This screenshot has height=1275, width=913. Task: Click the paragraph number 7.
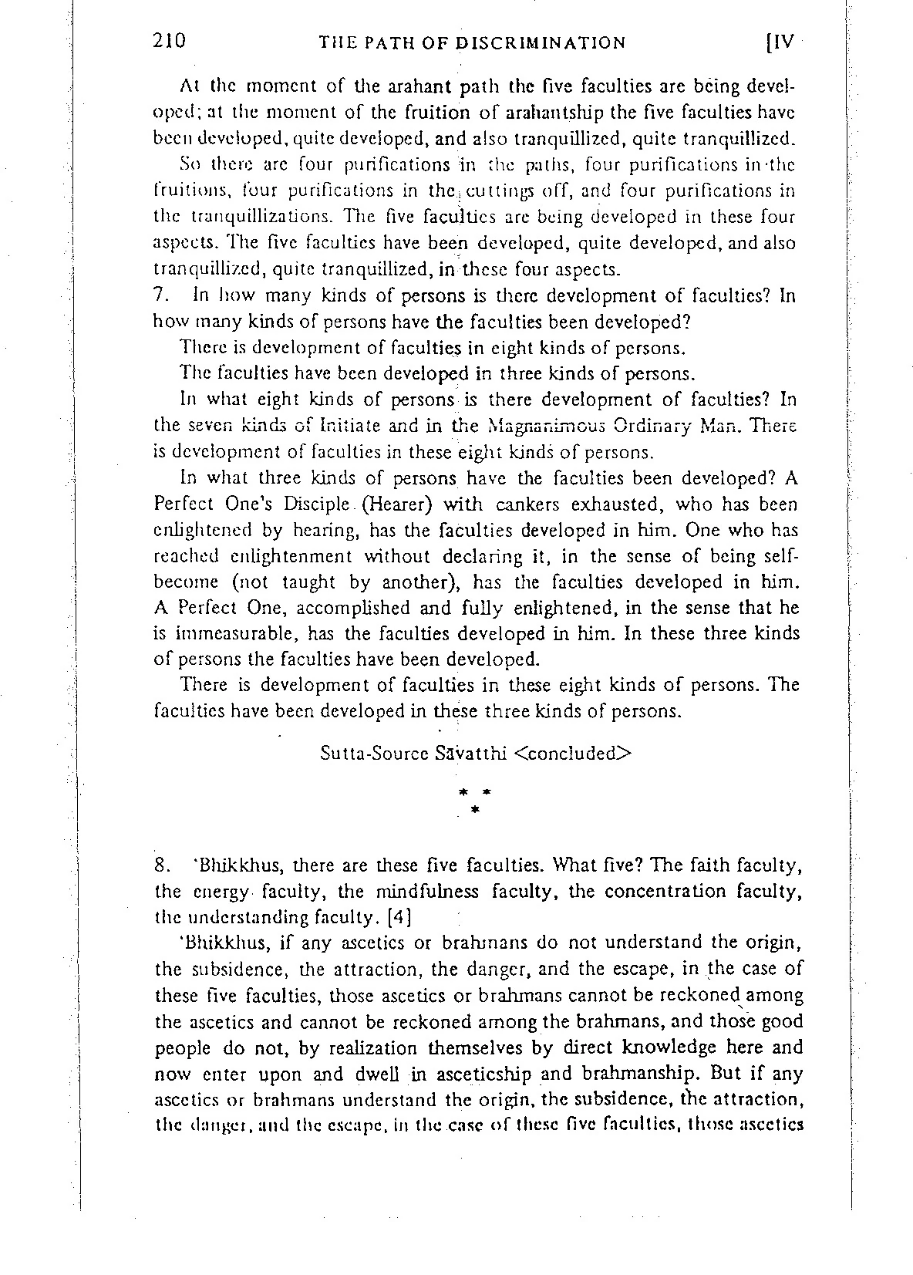(160, 296)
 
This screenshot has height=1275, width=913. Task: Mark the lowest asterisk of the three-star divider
(474, 810)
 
